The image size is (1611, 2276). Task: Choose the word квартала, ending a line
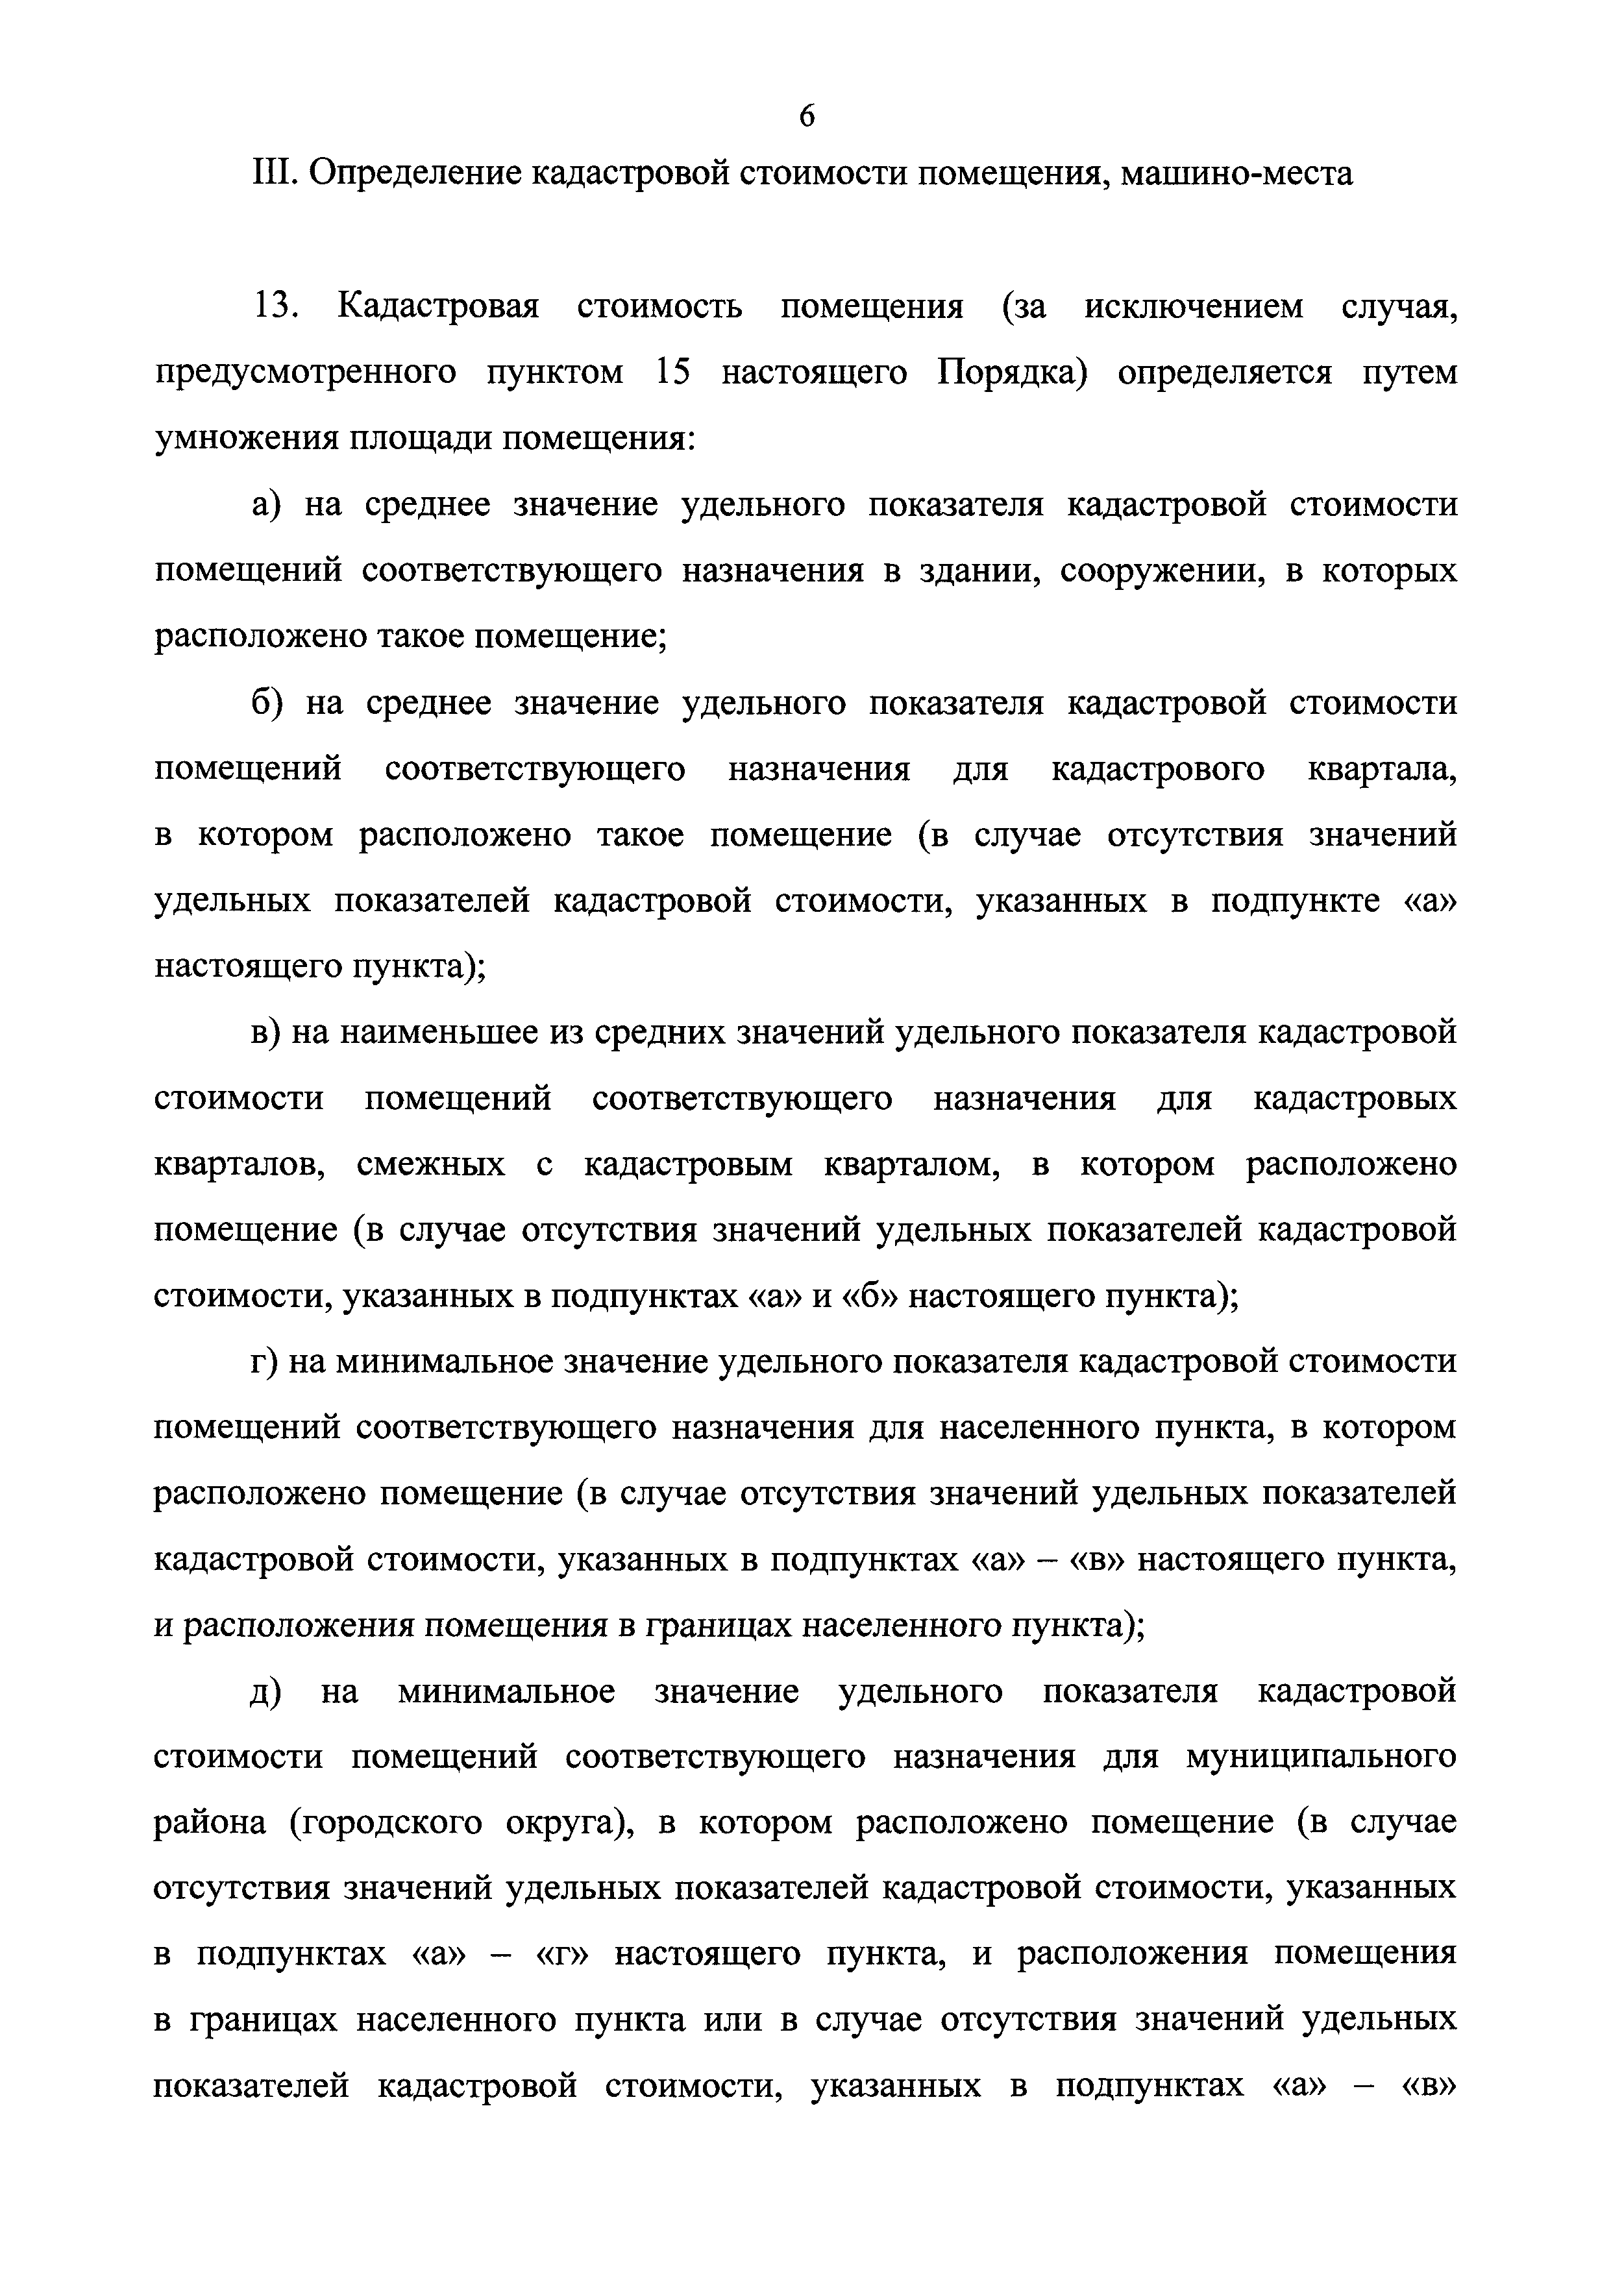click(x=1383, y=770)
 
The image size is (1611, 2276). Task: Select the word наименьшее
click(x=436, y=1033)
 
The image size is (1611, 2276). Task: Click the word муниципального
click(x=1320, y=1757)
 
